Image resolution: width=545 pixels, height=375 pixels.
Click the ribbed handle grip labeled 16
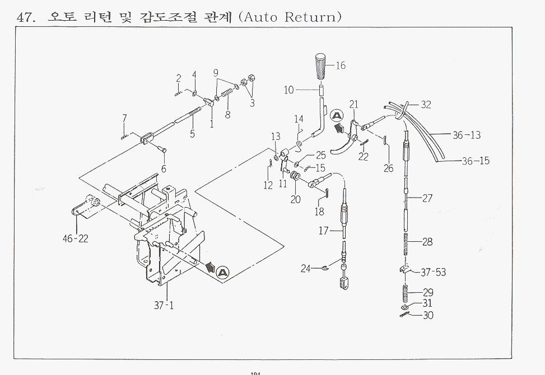click(322, 66)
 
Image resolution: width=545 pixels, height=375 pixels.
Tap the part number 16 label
click(340, 65)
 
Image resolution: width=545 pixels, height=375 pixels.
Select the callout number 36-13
click(467, 135)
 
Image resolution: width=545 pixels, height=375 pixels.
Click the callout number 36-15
click(476, 161)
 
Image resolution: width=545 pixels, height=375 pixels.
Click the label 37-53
click(434, 273)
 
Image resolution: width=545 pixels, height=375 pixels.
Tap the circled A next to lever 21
click(337, 116)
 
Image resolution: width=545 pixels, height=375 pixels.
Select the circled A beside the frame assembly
click(222, 273)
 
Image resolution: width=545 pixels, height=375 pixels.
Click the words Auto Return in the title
click(290, 16)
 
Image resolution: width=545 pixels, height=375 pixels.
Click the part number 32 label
click(426, 105)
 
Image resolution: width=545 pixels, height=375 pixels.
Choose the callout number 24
click(305, 269)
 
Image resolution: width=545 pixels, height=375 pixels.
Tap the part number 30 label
click(427, 315)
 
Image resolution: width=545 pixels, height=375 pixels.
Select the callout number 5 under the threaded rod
click(192, 134)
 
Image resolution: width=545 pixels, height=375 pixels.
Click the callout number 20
click(295, 199)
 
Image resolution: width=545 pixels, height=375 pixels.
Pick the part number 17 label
click(324, 230)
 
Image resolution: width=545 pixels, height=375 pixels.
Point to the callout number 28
click(427, 242)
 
